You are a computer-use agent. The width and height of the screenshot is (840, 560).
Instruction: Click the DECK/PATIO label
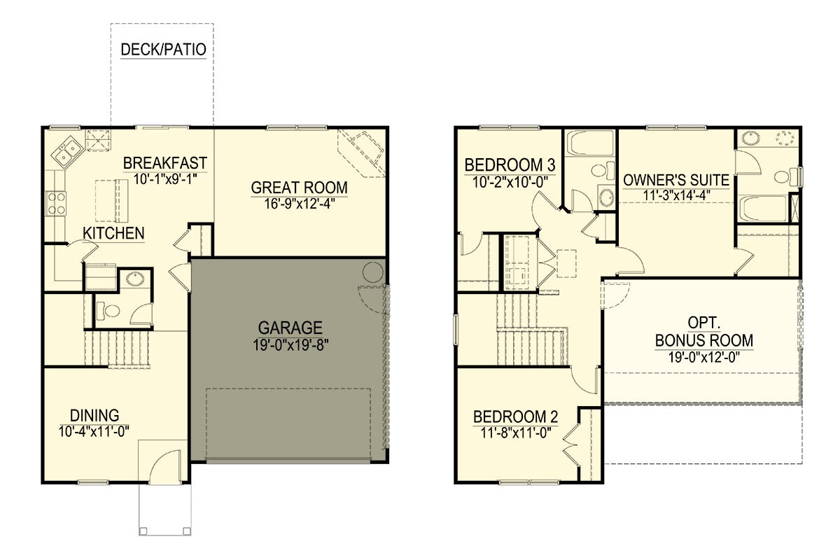pos(164,50)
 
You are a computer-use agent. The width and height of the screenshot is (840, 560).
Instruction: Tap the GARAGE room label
pos(290,328)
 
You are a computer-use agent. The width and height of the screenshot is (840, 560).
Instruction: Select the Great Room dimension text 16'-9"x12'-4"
pos(300,204)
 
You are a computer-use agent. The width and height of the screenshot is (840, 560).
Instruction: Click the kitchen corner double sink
pos(67,150)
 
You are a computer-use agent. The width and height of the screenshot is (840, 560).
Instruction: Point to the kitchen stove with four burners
pos(56,203)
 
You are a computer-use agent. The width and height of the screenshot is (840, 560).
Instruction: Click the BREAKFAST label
pos(165,163)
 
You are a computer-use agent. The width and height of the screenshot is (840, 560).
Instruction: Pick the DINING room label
pos(94,416)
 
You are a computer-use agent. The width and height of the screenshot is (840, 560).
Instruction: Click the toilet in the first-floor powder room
pos(108,311)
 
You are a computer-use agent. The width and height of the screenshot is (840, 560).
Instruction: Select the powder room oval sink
pos(134,279)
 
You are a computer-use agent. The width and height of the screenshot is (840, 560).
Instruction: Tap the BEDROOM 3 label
pos(510,165)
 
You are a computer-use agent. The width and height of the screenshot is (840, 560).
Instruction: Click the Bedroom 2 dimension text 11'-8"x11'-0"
pos(516,433)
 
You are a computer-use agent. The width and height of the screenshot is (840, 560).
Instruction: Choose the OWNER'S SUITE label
pos(676,181)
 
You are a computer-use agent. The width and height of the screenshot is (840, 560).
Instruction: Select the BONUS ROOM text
pos(704,341)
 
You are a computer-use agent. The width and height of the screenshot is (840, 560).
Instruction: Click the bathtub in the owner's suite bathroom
pos(763,209)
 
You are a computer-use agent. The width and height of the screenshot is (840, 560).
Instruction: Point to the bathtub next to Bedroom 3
pos(590,143)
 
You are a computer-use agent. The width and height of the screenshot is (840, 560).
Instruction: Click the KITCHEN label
pos(113,233)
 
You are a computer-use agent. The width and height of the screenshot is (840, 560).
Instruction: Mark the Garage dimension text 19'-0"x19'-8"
pos(290,344)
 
